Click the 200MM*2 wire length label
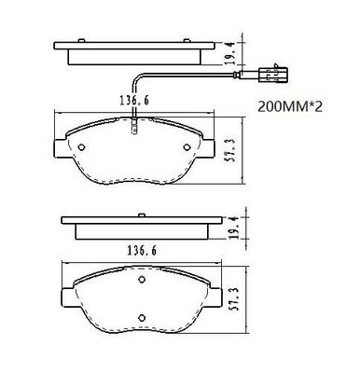290,107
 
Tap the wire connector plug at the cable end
272,75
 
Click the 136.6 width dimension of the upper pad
134,100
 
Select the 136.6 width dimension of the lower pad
142,250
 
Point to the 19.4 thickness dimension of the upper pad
229,53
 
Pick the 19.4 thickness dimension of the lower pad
235,228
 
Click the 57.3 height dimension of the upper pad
229,150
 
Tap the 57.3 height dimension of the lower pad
235,298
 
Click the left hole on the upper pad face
81,147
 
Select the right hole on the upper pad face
187,147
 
